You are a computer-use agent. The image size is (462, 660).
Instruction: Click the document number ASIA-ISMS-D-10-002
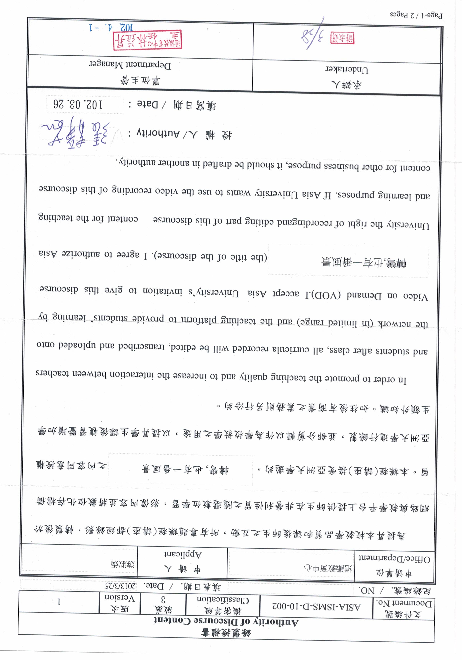point(316,607)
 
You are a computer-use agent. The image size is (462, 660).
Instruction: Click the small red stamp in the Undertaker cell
point(342,38)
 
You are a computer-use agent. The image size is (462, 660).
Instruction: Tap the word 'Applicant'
point(183,554)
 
